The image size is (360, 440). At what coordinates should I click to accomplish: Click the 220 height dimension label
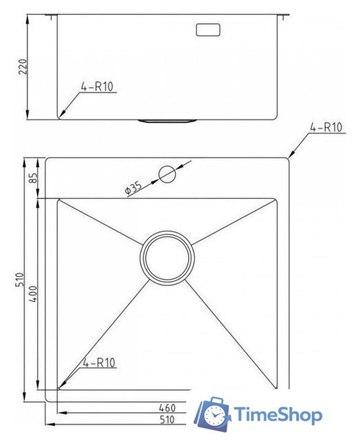coord(23,67)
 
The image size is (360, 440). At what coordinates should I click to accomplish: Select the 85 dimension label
coord(34,178)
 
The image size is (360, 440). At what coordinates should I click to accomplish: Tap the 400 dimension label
coord(33,294)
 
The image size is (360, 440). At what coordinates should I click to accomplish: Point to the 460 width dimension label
coord(167,408)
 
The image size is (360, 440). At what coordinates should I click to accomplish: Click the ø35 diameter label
coord(133,188)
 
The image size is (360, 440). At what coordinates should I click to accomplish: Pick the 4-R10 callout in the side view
coord(97,87)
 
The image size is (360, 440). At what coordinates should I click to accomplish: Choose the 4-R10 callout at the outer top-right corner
coord(326,128)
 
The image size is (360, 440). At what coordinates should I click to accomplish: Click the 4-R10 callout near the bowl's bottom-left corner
coord(99,363)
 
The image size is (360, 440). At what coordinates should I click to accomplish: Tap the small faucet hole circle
coord(167,174)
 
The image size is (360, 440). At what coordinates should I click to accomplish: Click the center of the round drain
coord(167,256)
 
